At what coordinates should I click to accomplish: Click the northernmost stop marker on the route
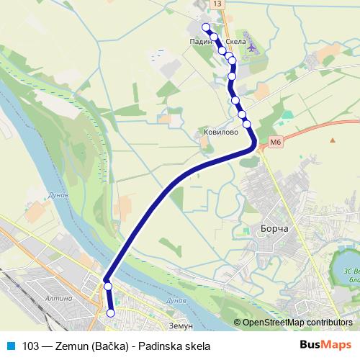(x=206, y=27)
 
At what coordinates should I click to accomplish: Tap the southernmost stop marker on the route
(x=111, y=312)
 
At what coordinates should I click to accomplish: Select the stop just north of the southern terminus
(x=108, y=287)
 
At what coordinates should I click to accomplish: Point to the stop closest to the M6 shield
(x=247, y=125)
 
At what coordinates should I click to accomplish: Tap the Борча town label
(x=270, y=230)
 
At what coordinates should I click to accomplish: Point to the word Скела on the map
(x=236, y=42)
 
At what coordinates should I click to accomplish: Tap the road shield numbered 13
(x=218, y=4)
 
